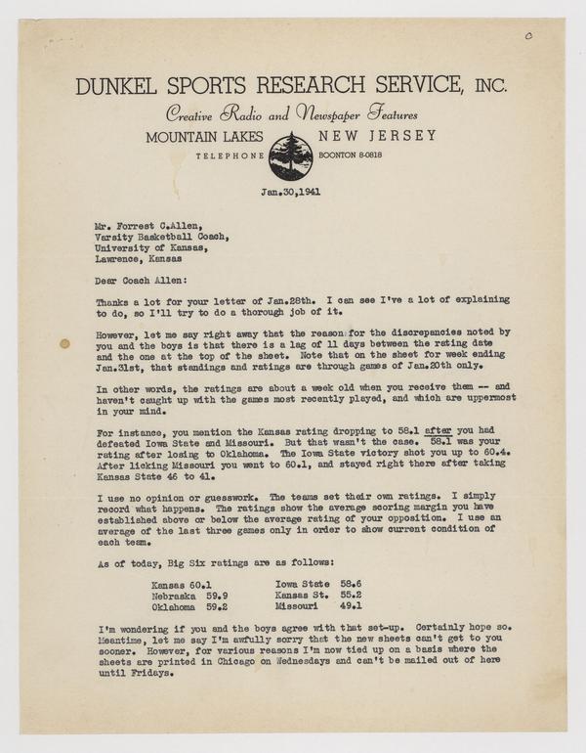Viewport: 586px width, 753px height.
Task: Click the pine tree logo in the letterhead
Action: pos(291,155)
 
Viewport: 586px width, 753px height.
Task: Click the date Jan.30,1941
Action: pos(291,193)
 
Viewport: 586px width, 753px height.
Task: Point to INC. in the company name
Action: pos(484,86)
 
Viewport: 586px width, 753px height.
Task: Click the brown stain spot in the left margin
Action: pos(64,344)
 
